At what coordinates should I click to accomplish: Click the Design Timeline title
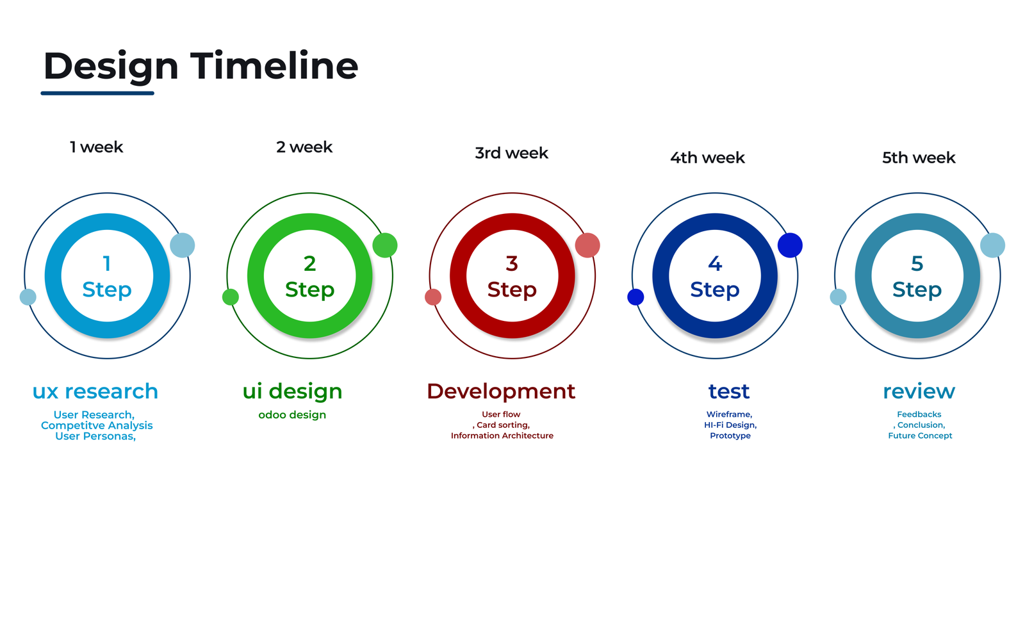point(201,67)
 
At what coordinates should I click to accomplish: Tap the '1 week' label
point(96,147)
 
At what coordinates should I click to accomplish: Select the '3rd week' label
point(511,153)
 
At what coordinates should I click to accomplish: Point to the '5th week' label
point(919,158)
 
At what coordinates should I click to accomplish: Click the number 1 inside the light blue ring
point(106,263)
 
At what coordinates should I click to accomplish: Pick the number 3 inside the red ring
point(512,263)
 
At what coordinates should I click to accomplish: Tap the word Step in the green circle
point(310,290)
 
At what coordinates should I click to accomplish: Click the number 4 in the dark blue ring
point(715,263)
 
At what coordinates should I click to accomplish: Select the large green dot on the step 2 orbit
point(385,245)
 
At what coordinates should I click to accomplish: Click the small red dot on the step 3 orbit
point(433,297)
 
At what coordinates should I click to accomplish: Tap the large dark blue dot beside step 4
point(790,245)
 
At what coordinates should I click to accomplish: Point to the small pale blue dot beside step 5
point(838,297)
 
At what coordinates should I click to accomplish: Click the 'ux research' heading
point(95,391)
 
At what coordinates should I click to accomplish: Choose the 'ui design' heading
point(292,392)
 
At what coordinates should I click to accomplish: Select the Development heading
point(501,392)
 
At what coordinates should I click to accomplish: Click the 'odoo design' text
point(292,414)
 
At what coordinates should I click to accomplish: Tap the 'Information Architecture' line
point(502,436)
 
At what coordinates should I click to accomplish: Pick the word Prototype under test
point(730,436)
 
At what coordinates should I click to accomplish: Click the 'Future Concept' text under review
point(920,436)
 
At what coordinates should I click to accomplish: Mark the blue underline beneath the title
point(97,94)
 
